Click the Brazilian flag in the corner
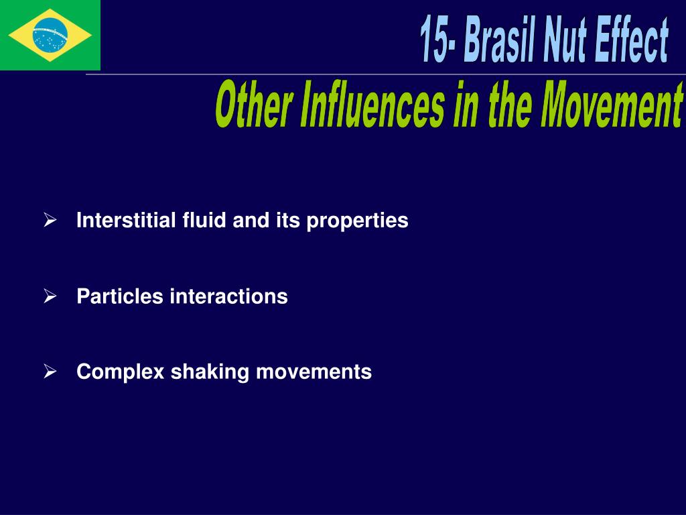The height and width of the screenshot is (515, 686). click(50, 35)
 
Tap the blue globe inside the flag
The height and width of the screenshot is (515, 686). click(50, 35)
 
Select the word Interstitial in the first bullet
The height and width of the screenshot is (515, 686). click(127, 221)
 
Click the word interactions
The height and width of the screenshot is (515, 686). click(228, 296)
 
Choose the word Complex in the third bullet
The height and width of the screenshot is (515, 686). click(121, 372)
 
